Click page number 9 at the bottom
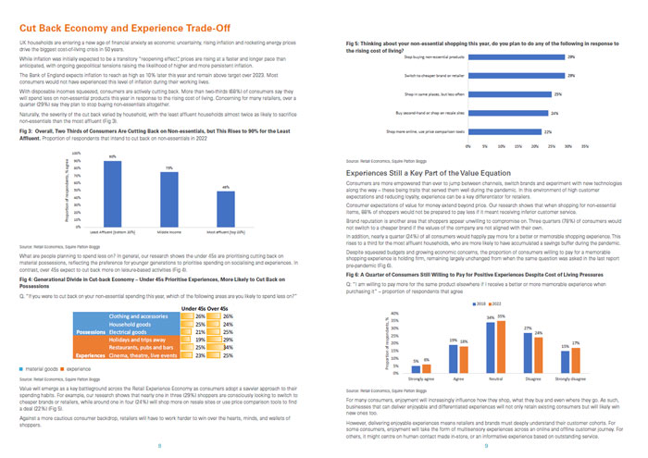tap(486, 446)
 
